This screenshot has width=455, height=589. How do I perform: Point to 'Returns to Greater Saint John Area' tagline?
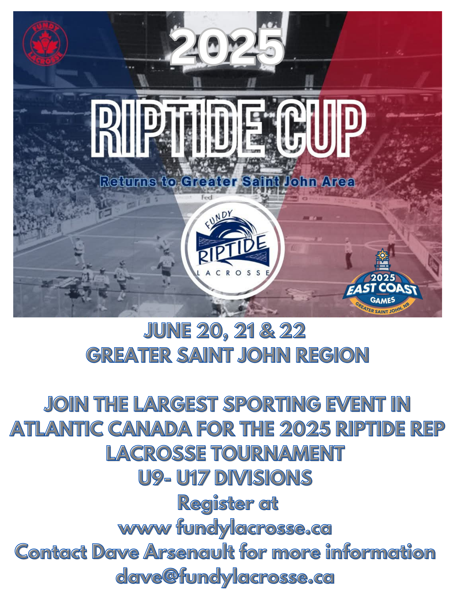pyautogui.click(x=227, y=182)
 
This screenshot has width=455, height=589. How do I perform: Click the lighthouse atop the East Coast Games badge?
pyautogui.click(x=382, y=260)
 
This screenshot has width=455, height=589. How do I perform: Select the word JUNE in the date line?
pyautogui.click(x=167, y=331)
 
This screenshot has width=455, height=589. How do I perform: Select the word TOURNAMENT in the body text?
pyautogui.click(x=278, y=453)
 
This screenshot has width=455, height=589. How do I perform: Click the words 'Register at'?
pyautogui.click(x=228, y=503)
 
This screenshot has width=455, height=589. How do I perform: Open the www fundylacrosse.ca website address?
pyautogui.click(x=225, y=528)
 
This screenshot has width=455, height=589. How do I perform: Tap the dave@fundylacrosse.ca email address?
pyautogui.click(x=225, y=577)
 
